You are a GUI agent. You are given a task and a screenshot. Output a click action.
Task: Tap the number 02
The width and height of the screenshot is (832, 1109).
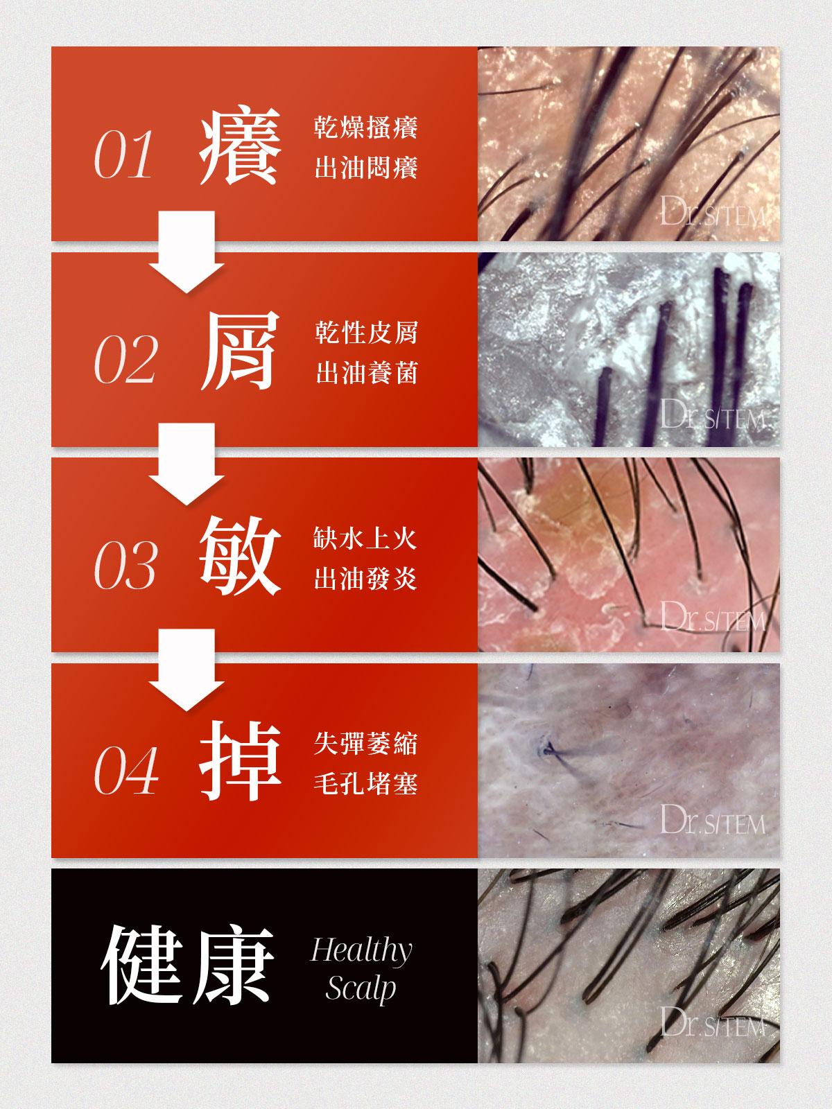click(125, 359)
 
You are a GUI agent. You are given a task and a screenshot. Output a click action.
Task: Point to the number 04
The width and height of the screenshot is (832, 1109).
click(126, 770)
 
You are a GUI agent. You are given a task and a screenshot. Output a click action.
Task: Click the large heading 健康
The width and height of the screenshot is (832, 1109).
click(188, 966)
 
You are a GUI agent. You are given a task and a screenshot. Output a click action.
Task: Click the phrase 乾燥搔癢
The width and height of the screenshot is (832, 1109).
click(366, 128)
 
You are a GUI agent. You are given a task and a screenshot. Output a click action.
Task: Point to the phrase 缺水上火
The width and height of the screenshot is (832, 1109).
click(365, 539)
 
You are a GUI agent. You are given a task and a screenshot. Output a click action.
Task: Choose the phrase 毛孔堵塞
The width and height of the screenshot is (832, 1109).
click(366, 785)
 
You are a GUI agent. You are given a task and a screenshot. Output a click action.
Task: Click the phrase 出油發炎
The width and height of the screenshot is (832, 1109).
click(365, 579)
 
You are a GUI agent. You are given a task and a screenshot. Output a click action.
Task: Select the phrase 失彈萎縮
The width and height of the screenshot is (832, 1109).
click(366, 744)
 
